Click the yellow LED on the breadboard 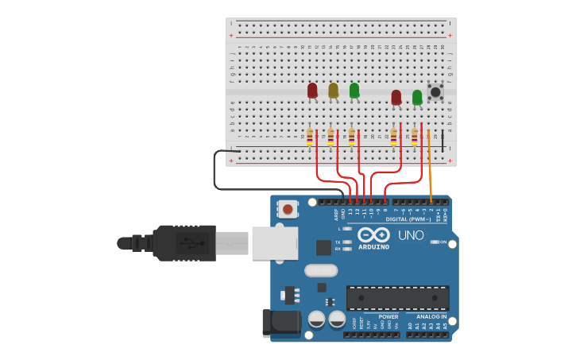tap(333, 90)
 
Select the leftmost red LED tap(312, 90)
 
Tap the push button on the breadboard tap(435, 92)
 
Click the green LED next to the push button tap(417, 97)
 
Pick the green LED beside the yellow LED tap(354, 90)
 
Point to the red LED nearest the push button tap(396, 97)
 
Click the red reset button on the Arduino tap(287, 210)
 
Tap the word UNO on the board tap(411, 235)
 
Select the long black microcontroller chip tap(397, 298)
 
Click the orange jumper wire tap(430, 167)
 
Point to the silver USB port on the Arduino tap(274, 243)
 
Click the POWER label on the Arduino tap(388, 316)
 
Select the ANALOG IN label tap(431, 316)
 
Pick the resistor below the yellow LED tap(331, 137)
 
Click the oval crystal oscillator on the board tap(321, 270)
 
